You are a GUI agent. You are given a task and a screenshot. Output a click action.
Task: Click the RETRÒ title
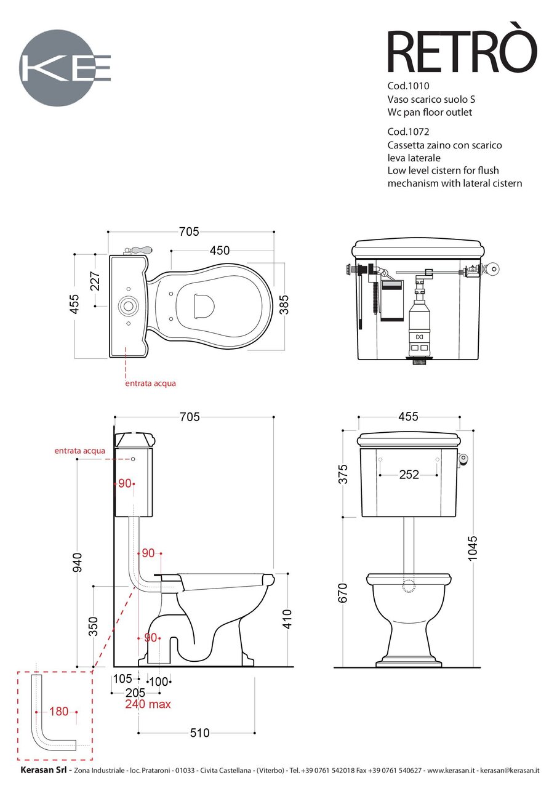(462, 52)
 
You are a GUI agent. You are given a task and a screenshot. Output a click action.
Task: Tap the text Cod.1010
(408, 86)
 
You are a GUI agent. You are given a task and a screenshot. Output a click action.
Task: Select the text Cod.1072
(408, 132)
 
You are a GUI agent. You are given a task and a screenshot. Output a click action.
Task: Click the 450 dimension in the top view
(220, 251)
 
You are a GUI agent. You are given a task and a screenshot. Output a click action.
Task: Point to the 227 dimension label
(95, 281)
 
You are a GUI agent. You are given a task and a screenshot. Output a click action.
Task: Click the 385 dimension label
(284, 305)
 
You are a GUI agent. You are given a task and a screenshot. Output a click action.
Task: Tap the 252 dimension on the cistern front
(409, 475)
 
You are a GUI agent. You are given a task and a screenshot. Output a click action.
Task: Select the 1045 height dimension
(473, 549)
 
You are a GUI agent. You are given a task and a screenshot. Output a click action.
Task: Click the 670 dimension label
(343, 593)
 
